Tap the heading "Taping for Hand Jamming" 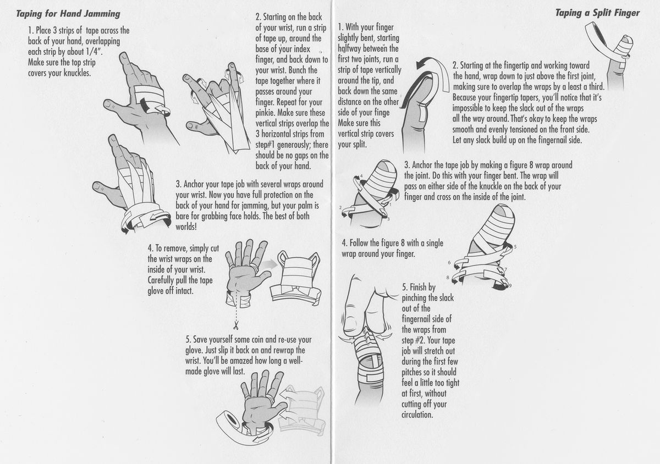coord(68,13)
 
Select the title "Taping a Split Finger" coord(597,13)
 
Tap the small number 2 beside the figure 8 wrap coord(341,208)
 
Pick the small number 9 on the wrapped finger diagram coord(510,286)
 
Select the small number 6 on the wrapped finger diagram coord(449,263)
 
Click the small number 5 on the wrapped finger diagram coord(515,247)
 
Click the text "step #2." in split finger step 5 coord(417,340)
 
